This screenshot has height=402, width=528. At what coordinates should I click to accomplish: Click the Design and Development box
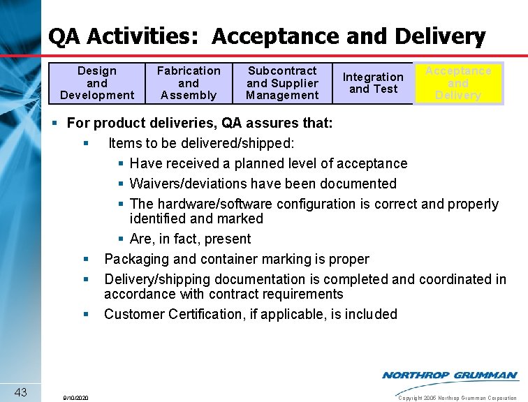(97, 83)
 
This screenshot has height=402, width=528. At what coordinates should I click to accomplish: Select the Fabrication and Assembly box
(189, 83)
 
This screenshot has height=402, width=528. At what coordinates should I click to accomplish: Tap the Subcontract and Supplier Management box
(282, 83)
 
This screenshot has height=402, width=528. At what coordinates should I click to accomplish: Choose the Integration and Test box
(373, 83)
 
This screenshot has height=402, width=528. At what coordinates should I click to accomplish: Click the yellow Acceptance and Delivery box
(458, 83)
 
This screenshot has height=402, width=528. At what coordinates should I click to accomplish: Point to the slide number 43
(20, 392)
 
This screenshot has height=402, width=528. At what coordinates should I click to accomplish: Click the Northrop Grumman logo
(450, 375)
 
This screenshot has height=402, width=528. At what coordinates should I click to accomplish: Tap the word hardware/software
(214, 204)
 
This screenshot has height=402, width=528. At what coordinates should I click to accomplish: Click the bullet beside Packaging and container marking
(86, 260)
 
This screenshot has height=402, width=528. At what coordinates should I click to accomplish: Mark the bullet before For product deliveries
(56, 124)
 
